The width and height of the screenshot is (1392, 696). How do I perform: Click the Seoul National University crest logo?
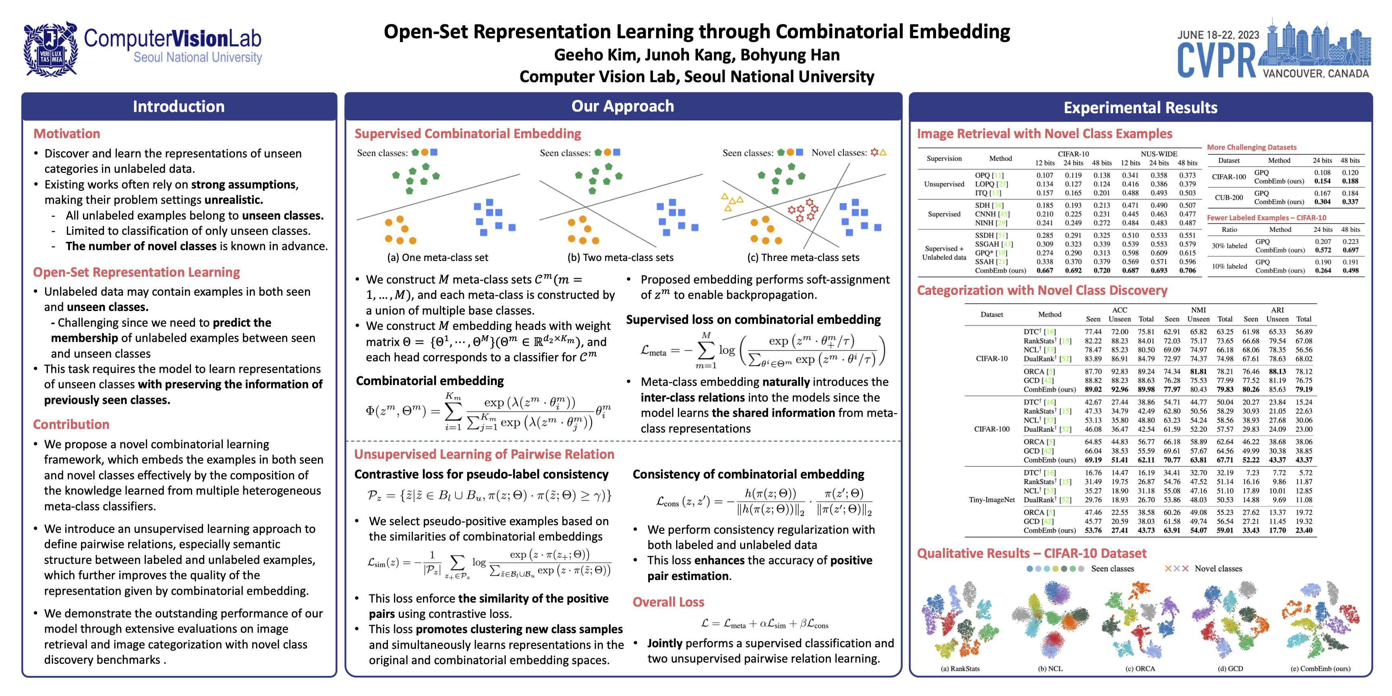point(50,49)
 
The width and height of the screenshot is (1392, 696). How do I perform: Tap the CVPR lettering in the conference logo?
point(1217,60)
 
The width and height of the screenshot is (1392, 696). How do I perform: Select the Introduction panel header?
point(179,106)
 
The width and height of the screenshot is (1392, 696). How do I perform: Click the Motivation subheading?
point(67,133)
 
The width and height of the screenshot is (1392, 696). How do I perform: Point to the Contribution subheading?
point(71,424)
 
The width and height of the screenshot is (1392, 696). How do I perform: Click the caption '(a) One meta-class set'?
point(438,258)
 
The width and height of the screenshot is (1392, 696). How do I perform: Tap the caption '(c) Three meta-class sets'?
point(803,258)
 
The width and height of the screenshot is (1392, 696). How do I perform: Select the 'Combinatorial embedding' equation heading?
point(430,381)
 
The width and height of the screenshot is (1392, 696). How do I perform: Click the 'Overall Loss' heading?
point(669,602)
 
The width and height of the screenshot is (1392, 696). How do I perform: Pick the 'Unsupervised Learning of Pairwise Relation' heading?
point(484,454)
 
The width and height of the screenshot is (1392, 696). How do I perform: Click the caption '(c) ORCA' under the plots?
point(1140,669)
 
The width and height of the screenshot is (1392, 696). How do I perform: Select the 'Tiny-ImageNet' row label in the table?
point(992,500)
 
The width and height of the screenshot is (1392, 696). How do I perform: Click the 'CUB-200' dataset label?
point(1229,197)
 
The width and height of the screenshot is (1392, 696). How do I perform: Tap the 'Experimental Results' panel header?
point(1141,108)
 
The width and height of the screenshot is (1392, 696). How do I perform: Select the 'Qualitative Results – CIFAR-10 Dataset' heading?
point(1032,553)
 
